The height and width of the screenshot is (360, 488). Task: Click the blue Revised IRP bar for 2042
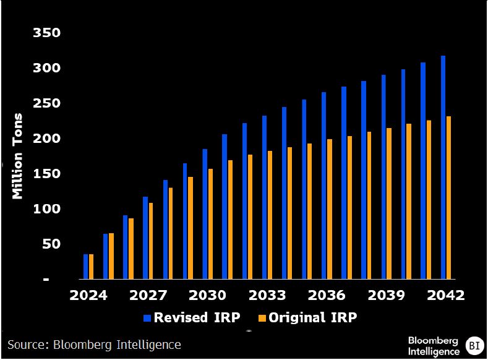tap(443, 168)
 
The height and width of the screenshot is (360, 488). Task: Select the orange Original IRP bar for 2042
tap(448, 197)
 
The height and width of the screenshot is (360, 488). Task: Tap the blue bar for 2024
tap(85, 267)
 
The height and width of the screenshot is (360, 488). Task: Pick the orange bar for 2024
tap(91, 267)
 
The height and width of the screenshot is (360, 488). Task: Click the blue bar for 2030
tap(205, 214)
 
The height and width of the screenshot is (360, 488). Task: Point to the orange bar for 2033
tap(270, 215)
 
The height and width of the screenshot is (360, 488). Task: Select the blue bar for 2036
tap(324, 186)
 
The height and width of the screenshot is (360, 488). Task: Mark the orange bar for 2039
tap(389, 204)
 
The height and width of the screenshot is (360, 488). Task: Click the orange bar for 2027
tap(151, 241)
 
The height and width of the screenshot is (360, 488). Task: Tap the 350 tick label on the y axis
tap(46, 33)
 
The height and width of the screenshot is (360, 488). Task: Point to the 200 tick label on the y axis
tap(46, 138)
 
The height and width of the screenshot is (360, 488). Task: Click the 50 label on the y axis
tap(51, 244)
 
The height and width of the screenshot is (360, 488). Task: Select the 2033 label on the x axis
tap(267, 295)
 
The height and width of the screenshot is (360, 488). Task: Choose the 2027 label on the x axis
tap(148, 295)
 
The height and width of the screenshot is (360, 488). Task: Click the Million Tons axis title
tap(17, 156)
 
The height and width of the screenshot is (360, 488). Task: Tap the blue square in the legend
tap(147, 318)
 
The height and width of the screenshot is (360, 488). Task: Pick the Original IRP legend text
tap(312, 318)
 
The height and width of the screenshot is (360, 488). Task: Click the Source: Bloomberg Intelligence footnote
tap(94, 345)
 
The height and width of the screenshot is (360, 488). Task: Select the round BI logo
tap(474, 346)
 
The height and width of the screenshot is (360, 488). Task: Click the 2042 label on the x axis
tap(446, 295)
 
